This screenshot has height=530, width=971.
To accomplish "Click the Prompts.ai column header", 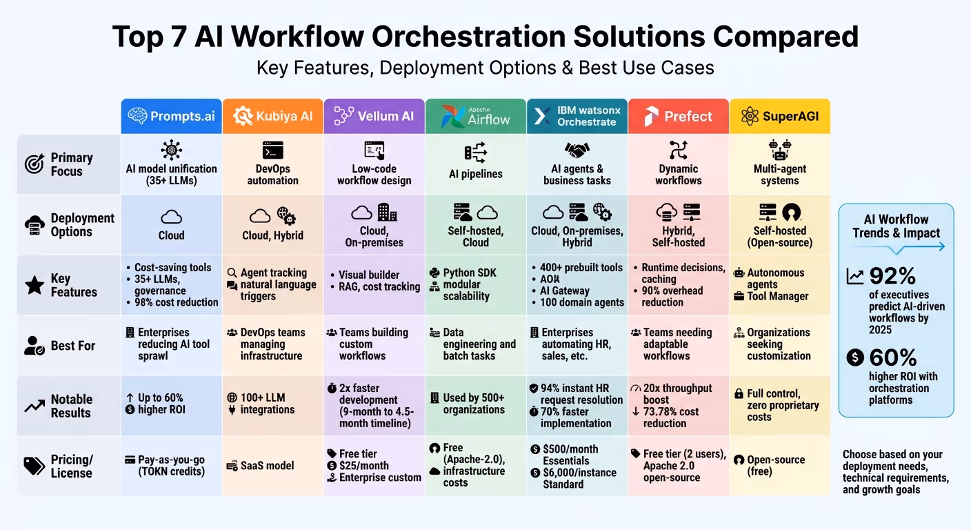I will pos(171,116).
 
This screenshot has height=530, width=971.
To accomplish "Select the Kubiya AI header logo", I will pos(243,116).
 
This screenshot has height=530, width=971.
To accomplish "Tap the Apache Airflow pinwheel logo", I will pos(452,116).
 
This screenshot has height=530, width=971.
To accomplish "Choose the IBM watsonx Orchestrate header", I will pos(577,116).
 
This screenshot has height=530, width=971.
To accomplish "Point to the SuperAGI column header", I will pos(779,116).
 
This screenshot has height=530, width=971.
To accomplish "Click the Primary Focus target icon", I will pos(34,164).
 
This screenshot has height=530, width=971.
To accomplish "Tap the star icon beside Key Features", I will pos(34,285).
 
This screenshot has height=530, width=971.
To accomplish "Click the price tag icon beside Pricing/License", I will pos(34,466).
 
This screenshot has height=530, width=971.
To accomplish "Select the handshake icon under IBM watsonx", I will pos(577,150).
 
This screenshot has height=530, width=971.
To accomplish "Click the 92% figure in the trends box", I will pos(892,276).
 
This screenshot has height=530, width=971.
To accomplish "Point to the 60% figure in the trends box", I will pos(893,357).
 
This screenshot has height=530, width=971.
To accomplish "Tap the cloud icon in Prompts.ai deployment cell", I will pos(171,217).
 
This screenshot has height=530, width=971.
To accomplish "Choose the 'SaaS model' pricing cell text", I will pos(267,466).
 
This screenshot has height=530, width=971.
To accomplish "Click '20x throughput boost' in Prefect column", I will pos(677,394).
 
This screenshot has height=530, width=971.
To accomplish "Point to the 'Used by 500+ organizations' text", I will pos(474,404).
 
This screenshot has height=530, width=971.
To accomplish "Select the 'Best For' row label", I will pos(73,346).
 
